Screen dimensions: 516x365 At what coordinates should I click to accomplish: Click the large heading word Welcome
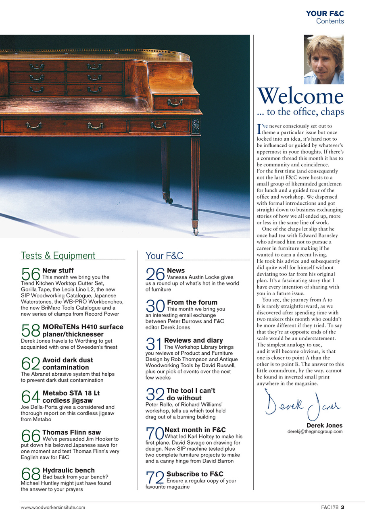[300, 97]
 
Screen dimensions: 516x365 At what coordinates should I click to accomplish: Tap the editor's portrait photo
[323, 59]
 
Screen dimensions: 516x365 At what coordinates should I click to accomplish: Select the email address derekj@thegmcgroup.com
[315, 431]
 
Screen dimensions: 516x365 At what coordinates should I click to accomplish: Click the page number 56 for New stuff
[30, 274]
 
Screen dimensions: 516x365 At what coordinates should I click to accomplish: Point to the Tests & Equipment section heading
[58, 256]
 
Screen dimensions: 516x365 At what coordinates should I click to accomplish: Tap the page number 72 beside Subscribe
[155, 478]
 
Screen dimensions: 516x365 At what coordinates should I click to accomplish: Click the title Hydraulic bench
[69, 470]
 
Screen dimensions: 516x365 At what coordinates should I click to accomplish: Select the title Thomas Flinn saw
[71, 432]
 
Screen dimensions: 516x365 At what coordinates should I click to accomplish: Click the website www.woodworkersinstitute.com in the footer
[53, 507]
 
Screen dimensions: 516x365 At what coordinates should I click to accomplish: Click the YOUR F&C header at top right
[325, 14]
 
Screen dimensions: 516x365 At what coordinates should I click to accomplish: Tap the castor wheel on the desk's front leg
[196, 231]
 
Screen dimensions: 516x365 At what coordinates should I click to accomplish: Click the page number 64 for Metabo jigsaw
[30, 397]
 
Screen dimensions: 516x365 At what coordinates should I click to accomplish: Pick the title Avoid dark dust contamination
[67, 364]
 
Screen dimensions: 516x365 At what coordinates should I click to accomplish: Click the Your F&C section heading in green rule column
[164, 256]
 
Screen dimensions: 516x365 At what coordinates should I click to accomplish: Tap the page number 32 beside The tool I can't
[155, 394]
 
